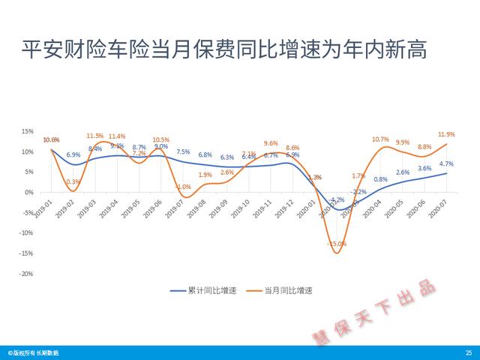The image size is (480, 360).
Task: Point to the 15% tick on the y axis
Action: pos(27,131)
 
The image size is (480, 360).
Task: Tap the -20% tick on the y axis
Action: pos(25,273)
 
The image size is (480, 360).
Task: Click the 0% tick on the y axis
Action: pos(28,192)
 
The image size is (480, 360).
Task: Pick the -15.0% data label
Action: pos(337,244)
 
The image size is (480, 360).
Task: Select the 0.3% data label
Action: pos(73,181)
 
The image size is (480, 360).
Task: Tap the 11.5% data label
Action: pos(94,136)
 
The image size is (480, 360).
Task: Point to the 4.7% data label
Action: pos(445,163)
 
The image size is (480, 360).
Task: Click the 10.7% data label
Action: pos(380,139)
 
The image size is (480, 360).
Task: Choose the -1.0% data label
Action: pos(183,187)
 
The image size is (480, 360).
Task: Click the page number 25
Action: pos(469,352)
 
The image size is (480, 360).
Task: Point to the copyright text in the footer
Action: pos(33,352)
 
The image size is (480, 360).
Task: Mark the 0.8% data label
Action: pos(380,179)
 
